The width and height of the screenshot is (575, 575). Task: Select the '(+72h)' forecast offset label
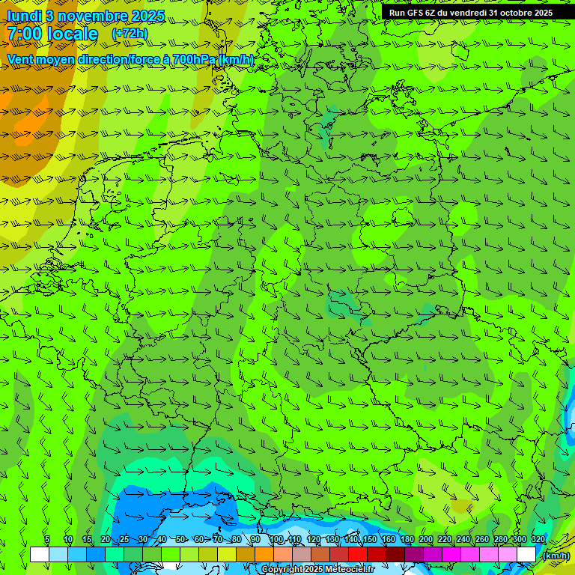coord(130,34)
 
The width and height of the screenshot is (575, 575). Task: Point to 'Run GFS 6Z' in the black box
coord(412,13)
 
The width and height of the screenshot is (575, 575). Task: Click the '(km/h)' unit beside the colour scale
coord(555,556)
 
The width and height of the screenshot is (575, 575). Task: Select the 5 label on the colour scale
coord(47,540)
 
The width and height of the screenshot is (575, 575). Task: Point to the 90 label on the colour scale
coord(255,540)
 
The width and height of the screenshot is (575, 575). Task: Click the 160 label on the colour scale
coord(388,540)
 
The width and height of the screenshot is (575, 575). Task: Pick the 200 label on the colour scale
coord(425,540)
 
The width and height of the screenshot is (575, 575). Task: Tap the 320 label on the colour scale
coord(538,540)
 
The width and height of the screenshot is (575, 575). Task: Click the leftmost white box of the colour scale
coord(39,555)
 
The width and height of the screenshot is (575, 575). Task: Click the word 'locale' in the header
coord(73,34)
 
